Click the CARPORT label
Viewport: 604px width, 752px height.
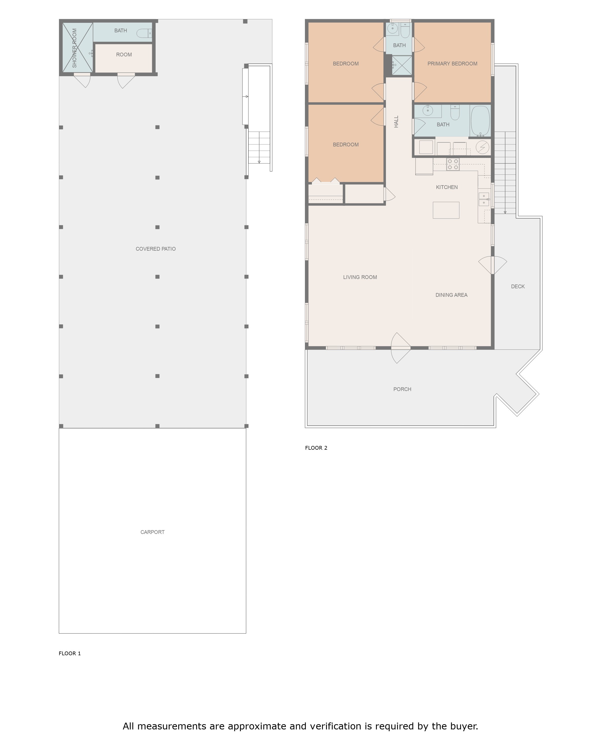[152, 532]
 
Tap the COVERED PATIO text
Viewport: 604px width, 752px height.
[156, 249]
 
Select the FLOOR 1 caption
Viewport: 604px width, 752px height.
[70, 653]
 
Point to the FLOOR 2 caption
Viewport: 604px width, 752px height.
[316, 448]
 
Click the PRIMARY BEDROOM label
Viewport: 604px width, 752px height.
[452, 63]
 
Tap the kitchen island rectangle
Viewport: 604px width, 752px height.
[446, 210]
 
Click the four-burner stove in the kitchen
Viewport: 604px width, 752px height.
[453, 164]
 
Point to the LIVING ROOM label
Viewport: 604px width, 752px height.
[360, 277]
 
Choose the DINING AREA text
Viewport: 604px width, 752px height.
[451, 295]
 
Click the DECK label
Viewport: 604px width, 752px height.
[518, 286]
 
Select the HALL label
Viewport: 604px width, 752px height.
[396, 122]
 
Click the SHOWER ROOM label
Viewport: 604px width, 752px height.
[74, 48]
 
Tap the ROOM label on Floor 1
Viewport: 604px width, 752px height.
[124, 55]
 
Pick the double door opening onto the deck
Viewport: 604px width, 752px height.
[493, 265]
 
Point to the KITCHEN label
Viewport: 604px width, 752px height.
[447, 187]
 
